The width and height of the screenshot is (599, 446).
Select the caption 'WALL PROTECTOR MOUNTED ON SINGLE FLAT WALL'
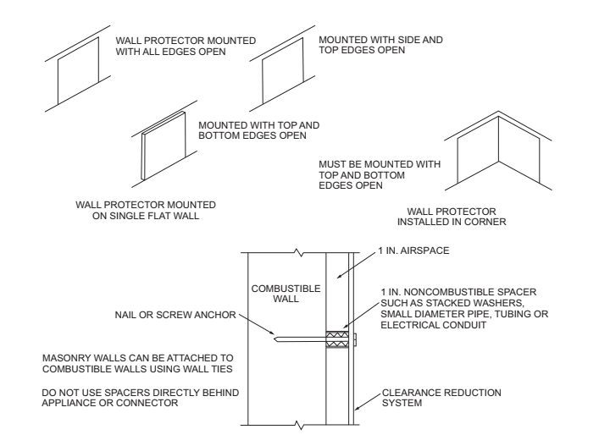click(x=145, y=211)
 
